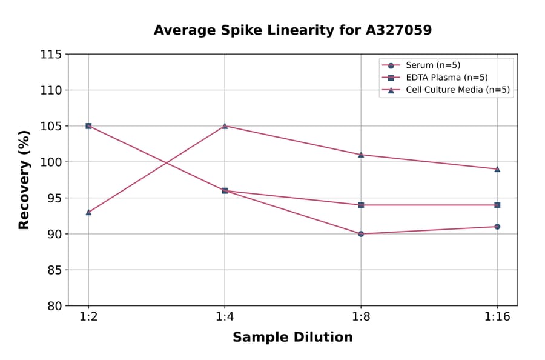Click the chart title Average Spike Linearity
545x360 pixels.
point(292,30)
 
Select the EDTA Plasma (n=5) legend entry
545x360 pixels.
point(446,78)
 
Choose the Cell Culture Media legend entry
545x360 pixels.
point(457,90)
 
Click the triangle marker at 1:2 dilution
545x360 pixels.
point(88,212)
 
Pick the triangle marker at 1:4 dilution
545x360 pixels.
point(225,126)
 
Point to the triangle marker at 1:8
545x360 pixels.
point(361,155)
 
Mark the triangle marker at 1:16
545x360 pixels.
point(497,169)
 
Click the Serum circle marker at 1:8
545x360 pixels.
point(361,233)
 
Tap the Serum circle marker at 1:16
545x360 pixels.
point(497,227)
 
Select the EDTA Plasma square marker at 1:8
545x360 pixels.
point(361,205)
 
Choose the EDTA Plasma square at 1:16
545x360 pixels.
point(497,205)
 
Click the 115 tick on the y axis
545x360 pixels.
point(51,55)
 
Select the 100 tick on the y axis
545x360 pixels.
point(51,162)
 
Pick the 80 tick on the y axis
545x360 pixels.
point(54,305)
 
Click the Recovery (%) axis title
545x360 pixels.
point(24,180)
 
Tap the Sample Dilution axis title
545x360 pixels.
point(292,338)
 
